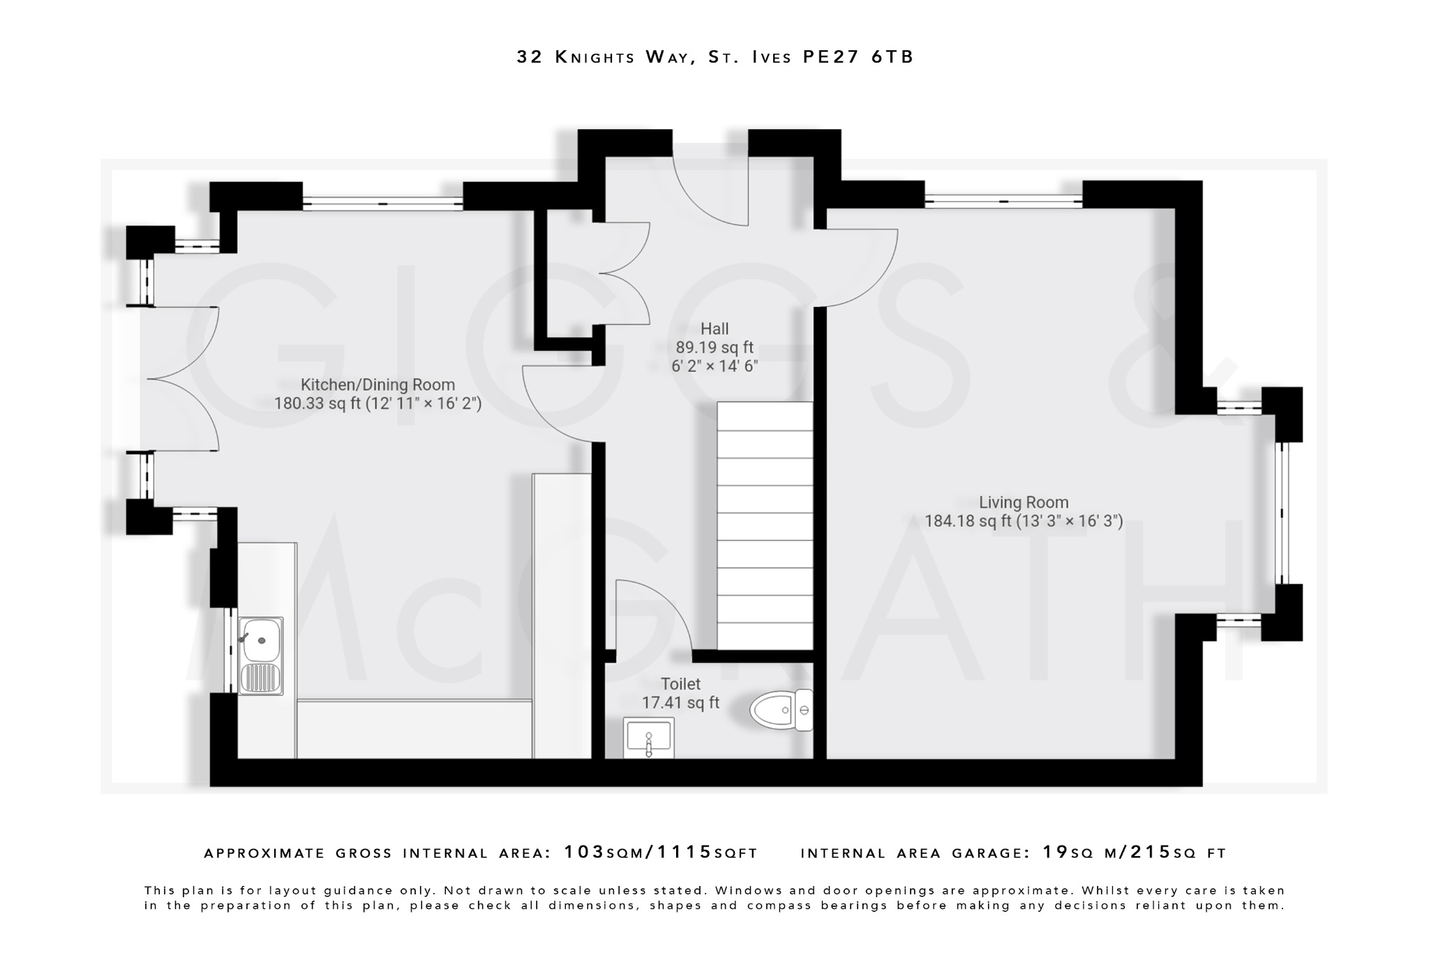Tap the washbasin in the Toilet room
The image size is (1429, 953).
[x=648, y=739]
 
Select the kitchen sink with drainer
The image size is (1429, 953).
[x=260, y=656]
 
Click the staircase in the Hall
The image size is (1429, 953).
[x=765, y=526]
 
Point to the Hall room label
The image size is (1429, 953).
[x=714, y=329]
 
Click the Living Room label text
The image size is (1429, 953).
[x=1024, y=502]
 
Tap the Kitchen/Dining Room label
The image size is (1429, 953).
[x=377, y=385]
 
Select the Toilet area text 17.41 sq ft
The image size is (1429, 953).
[x=680, y=703]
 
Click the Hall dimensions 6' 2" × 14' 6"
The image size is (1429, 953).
[x=714, y=366]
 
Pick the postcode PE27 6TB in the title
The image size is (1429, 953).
[x=858, y=57]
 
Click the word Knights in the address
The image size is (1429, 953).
[x=594, y=57]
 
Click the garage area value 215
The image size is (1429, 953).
[x=1151, y=852]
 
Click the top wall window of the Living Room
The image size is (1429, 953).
[x=1003, y=201]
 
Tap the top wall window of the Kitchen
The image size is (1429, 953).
[x=382, y=204]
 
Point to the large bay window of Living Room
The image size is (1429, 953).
[x=1282, y=513]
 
